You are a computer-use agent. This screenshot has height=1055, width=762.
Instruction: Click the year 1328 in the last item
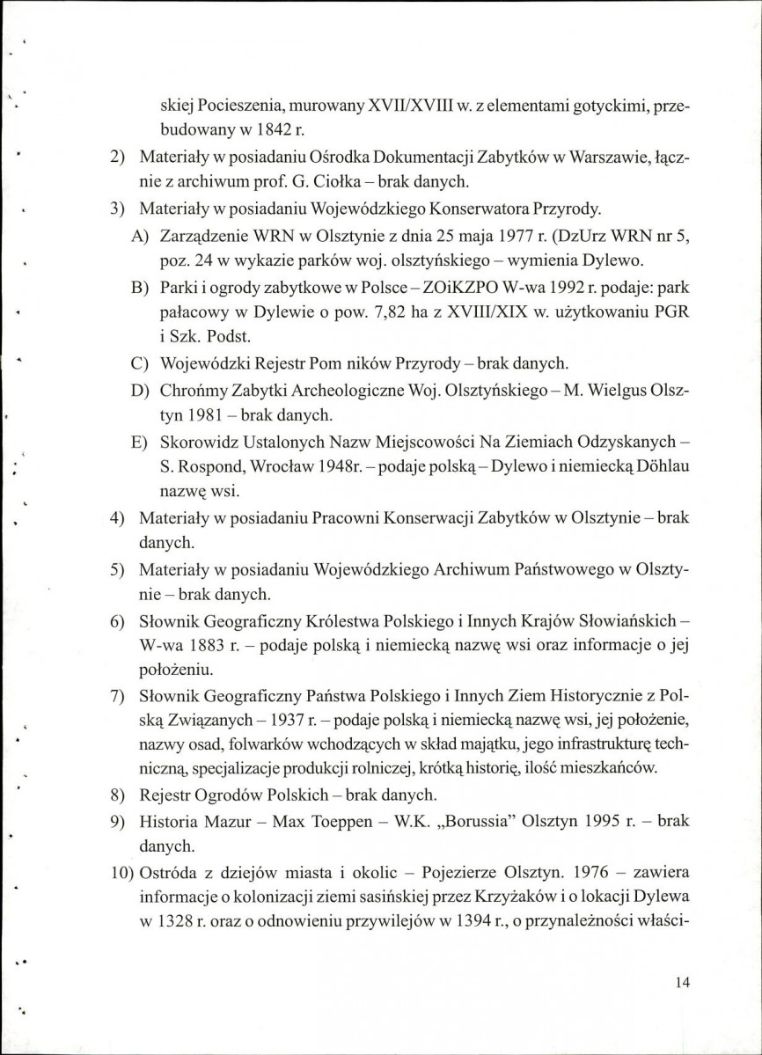pos(181,925)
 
